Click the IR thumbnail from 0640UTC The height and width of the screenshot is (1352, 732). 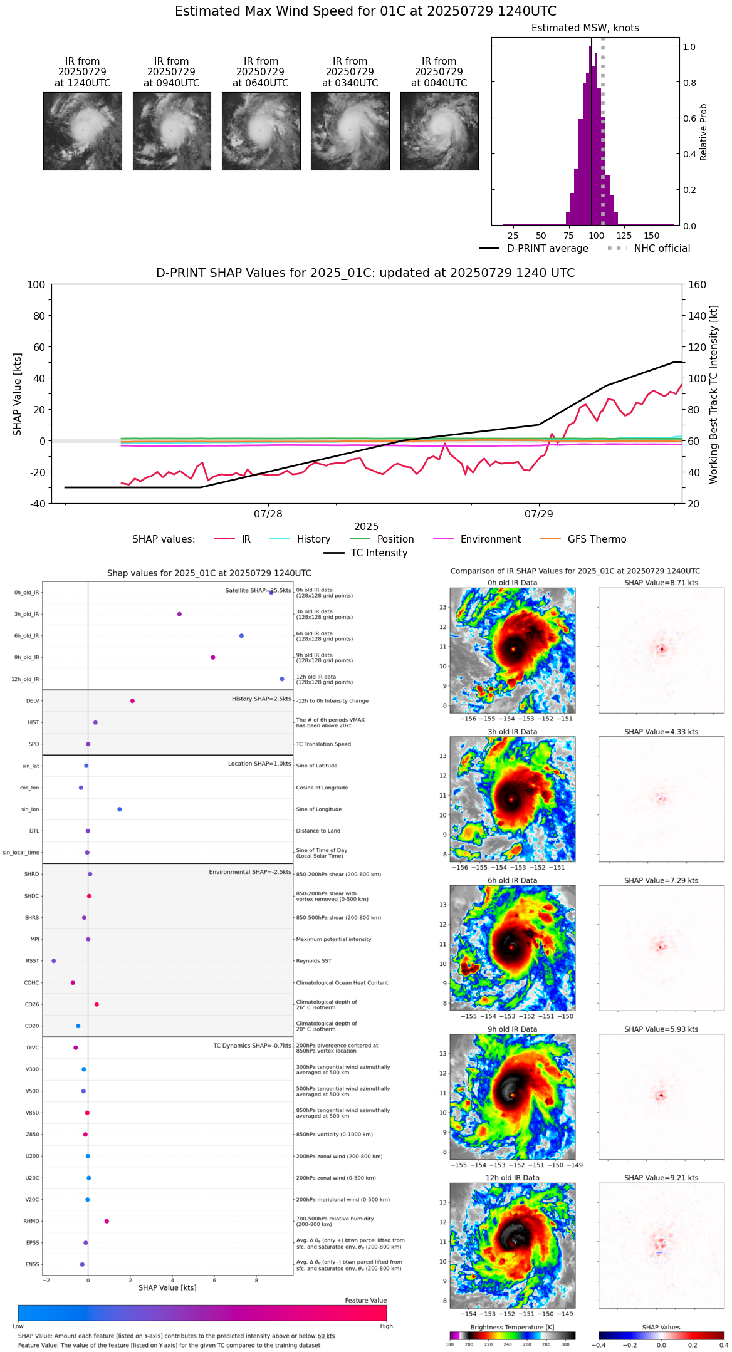[x=261, y=131]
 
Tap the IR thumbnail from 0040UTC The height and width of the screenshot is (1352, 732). [x=439, y=131]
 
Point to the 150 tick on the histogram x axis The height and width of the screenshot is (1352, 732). [x=652, y=236]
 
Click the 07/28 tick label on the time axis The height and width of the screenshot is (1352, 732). [x=268, y=514]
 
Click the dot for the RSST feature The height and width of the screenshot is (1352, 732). [x=53, y=960]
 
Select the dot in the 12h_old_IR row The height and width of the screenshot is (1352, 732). [x=282, y=679]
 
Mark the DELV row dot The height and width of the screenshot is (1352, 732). [x=132, y=701]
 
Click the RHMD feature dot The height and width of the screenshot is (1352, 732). [x=107, y=1221]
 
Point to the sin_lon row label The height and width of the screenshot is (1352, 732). [x=30, y=809]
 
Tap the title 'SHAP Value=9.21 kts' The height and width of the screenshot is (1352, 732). [x=661, y=1178]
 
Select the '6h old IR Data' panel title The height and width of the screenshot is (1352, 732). [x=512, y=880]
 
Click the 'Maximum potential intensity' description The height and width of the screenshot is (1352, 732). [x=333, y=939]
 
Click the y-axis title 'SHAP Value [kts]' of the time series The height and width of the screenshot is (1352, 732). [x=18, y=394]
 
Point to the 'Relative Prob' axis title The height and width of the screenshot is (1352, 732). [x=704, y=132]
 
